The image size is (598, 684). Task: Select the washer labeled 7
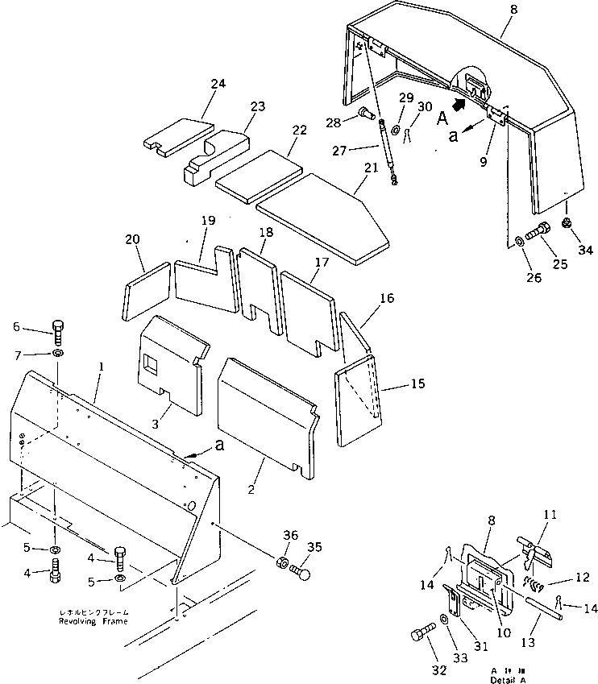click(57, 354)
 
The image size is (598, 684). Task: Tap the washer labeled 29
click(397, 130)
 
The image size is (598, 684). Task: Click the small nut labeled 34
click(567, 222)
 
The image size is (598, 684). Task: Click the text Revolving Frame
click(91, 622)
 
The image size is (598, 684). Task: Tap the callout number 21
click(372, 167)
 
